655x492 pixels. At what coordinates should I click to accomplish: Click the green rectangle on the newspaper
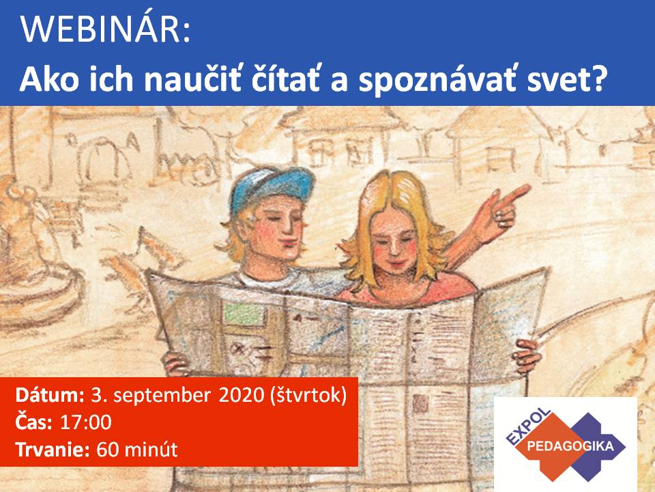click(244, 314)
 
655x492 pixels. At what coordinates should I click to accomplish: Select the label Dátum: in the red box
click(50, 396)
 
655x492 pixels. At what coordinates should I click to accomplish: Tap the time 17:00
click(86, 422)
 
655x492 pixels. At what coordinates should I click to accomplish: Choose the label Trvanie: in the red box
click(53, 450)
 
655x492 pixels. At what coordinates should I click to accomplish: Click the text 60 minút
click(137, 450)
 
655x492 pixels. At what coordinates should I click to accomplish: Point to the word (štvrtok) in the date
click(308, 396)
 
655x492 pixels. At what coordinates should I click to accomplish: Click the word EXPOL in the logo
click(528, 426)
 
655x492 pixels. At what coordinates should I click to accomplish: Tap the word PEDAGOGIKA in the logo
click(570, 446)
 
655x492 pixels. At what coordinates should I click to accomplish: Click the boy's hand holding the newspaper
click(175, 363)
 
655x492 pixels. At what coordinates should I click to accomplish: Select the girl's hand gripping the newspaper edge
click(527, 355)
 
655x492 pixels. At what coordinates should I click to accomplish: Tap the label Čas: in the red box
click(34, 422)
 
